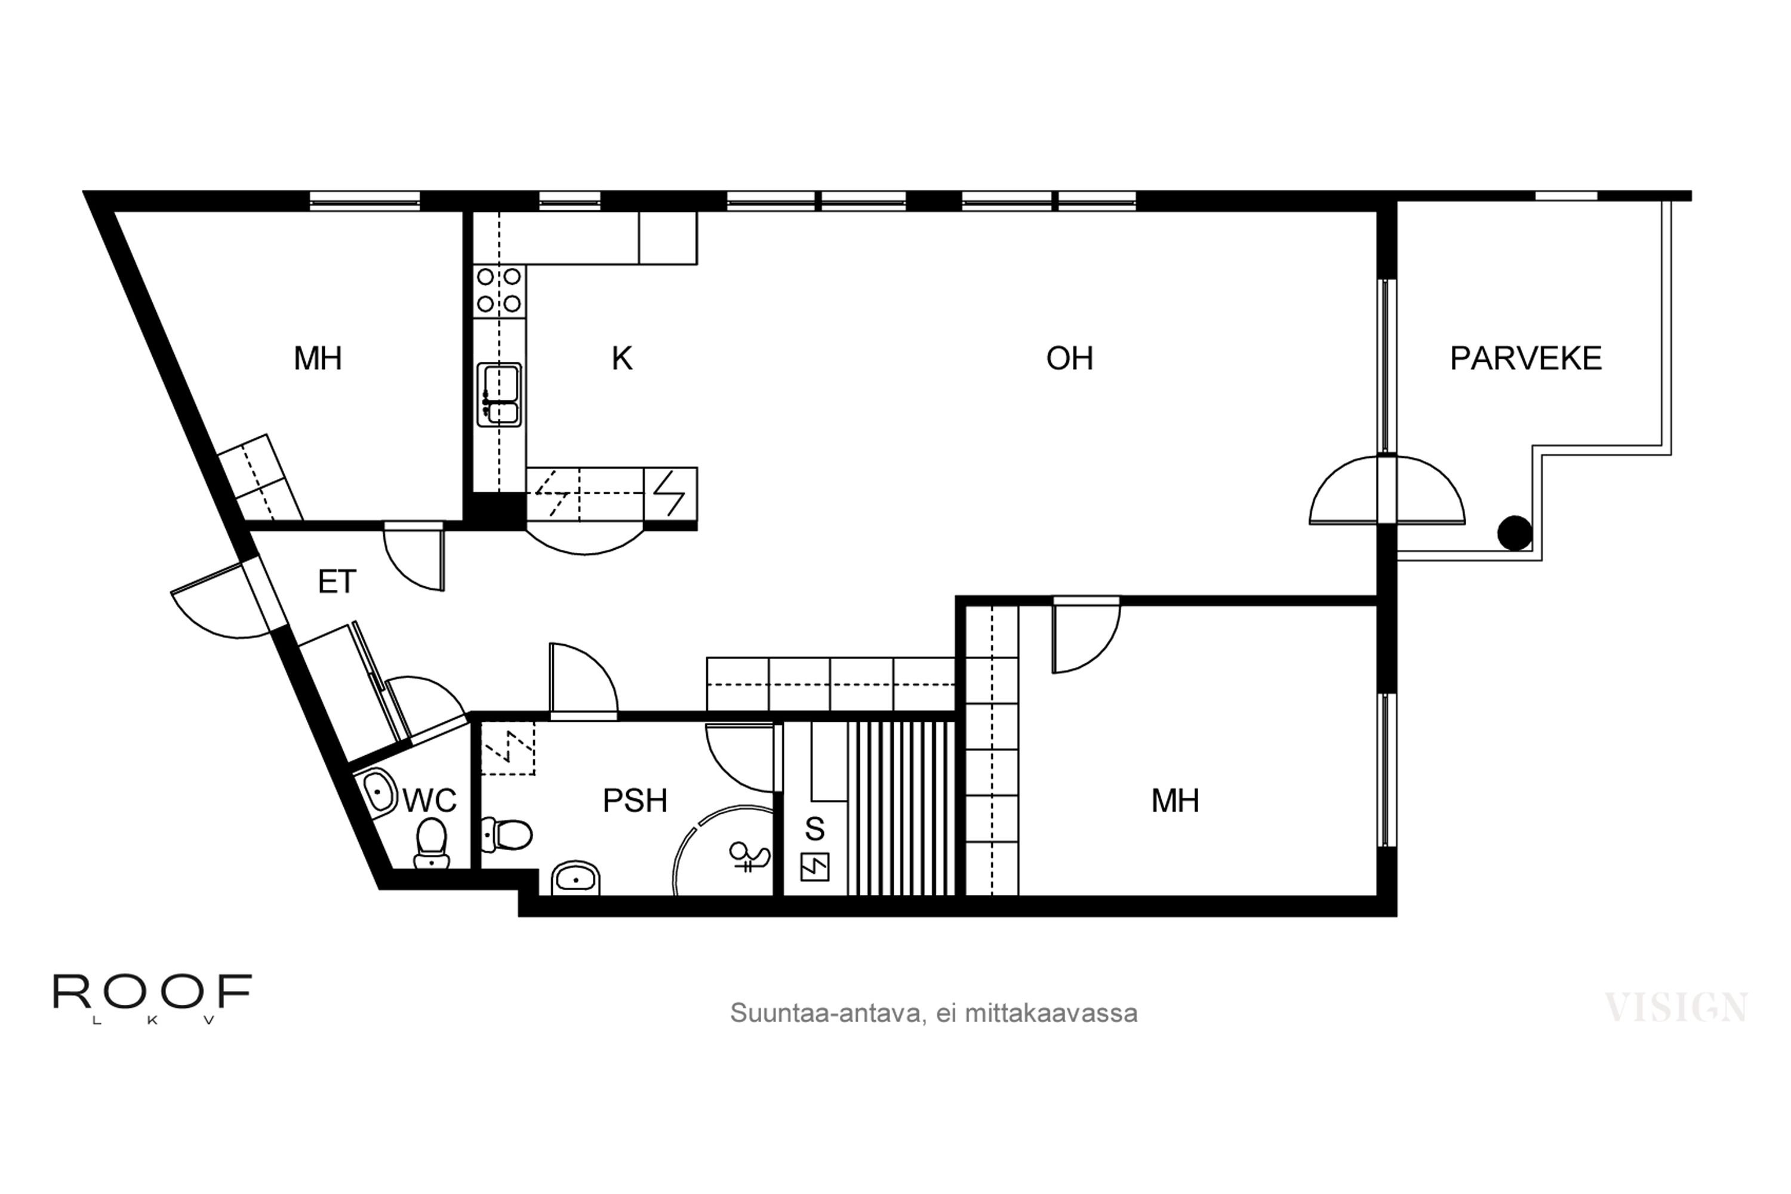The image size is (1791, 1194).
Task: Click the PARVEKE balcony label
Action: pos(1525,359)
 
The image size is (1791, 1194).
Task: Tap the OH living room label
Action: pos(1069,359)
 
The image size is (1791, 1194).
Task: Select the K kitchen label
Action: pos(622,359)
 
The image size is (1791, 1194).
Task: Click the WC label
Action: pos(429,801)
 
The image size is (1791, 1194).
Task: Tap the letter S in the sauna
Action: pos(814,829)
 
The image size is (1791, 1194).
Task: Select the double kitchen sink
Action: pos(500,395)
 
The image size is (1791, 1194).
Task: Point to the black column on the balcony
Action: pos(1515,533)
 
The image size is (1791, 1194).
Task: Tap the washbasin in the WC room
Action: pos(379,792)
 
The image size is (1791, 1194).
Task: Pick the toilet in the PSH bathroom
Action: pos(506,835)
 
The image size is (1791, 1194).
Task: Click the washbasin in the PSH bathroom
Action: pos(576,878)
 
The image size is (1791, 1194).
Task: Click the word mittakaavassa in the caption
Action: pos(1051,1014)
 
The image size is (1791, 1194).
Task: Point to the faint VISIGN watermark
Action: pos(1676,1008)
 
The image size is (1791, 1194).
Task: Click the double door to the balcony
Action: pos(1387,490)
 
